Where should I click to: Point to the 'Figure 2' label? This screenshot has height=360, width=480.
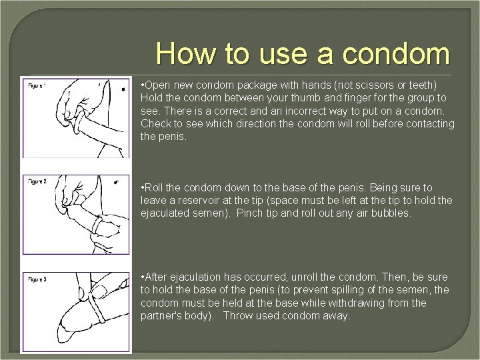[37, 181]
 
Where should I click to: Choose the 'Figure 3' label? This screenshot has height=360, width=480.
[37, 279]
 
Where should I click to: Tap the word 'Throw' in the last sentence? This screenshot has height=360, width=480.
[237, 315]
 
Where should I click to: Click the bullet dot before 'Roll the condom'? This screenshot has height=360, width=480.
[143, 189]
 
